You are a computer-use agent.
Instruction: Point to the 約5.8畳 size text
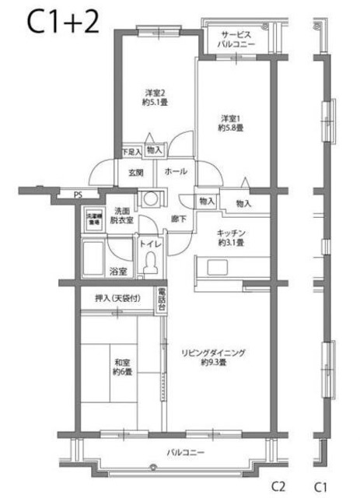coord(231,128)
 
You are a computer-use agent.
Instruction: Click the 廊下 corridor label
coord(178,219)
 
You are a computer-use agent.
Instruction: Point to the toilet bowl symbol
coord(150,265)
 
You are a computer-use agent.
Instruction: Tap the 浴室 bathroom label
coord(117,272)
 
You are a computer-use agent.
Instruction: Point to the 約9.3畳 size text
coord(212,363)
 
